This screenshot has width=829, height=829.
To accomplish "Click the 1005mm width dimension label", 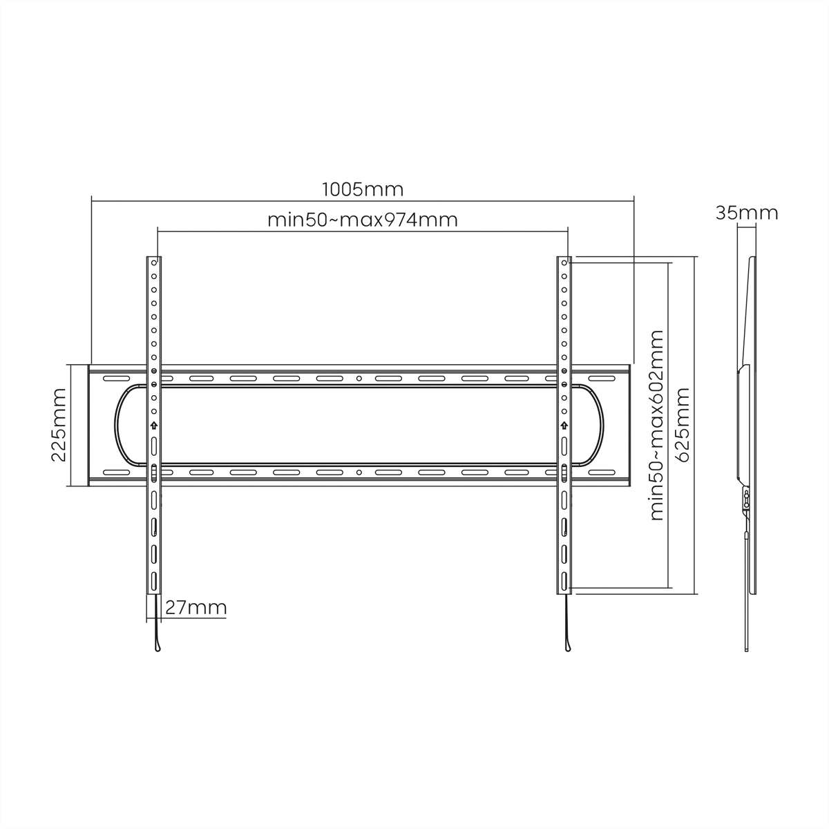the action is (363, 190).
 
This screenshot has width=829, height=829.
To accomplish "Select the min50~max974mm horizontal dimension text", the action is (362, 220).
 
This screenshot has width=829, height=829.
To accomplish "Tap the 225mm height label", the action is (59, 425).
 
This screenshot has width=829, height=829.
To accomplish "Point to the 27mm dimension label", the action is (196, 607).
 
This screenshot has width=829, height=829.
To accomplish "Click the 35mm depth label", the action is (747, 213).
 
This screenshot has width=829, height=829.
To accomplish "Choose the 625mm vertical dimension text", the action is (683, 425).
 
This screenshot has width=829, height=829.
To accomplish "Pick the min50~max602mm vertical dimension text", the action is (656, 426).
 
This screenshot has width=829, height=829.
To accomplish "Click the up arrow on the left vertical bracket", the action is (153, 426).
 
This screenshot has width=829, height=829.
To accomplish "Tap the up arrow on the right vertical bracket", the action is (564, 426).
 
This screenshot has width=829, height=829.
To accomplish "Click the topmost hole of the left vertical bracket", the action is (154, 263).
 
